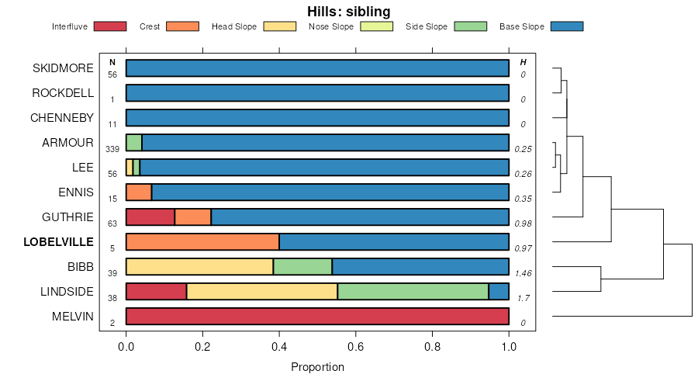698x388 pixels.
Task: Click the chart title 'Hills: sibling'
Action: click(348, 12)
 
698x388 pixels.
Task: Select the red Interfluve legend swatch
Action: click(110, 26)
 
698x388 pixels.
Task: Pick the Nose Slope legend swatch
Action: click(377, 26)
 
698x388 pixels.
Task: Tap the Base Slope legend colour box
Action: click(567, 26)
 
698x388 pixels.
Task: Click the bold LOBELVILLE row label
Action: click(58, 242)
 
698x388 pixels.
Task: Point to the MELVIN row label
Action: click(73, 317)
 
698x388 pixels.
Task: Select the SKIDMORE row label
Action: click(63, 68)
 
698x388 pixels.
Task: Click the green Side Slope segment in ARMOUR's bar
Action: click(134, 143)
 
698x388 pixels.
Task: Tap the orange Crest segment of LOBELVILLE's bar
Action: click(202, 242)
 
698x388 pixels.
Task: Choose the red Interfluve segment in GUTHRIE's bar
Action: click(150, 217)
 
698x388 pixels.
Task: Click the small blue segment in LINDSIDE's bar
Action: click(499, 291)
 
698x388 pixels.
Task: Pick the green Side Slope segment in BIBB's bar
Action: click(302, 267)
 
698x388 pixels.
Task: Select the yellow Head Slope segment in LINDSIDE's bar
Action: click(262, 291)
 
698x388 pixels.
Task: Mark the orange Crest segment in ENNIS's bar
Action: click(139, 192)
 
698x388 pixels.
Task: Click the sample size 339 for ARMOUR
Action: click(112, 149)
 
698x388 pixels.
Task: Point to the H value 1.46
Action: click(523, 273)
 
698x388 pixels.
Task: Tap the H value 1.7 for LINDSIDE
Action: click(523, 298)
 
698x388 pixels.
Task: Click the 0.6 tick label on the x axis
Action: click(356, 347)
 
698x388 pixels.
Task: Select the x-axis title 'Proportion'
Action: click(317, 367)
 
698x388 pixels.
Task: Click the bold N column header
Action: click(112, 62)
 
